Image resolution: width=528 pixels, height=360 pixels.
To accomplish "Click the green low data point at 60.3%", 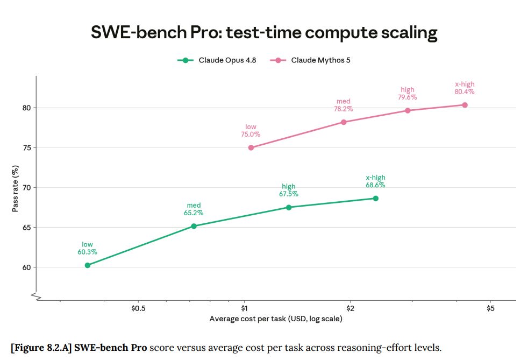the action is tap(88, 265).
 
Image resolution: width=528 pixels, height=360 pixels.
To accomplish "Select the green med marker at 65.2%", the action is tap(194, 226).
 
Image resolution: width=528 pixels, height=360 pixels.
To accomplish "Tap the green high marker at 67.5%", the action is tap(289, 207).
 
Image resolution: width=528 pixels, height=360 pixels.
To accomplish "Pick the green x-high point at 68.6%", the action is tap(376, 199).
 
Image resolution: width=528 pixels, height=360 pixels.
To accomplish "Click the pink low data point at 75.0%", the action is tap(251, 147).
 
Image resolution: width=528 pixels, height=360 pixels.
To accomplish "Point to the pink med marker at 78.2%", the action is tap(344, 122).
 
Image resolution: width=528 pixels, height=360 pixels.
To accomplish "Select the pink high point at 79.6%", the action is tap(408, 110).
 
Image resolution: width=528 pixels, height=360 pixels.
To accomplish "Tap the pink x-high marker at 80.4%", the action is tap(465, 105).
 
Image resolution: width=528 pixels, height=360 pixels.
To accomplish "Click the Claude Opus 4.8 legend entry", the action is tap(217, 60).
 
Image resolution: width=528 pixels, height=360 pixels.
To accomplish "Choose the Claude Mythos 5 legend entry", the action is tap(310, 60).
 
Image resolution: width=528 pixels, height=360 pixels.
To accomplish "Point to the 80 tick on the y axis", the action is tap(26, 108).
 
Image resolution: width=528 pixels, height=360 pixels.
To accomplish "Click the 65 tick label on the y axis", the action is tap(26, 228).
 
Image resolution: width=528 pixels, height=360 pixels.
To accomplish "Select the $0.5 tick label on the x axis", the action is tap(138, 308).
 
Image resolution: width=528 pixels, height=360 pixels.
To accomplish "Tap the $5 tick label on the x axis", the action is tap(490, 308).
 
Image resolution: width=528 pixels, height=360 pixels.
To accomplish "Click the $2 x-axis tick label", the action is tap(350, 308).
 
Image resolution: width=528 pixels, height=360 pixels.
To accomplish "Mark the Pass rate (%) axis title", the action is tap(15, 188).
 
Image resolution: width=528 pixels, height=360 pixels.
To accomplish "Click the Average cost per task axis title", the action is tap(276, 319).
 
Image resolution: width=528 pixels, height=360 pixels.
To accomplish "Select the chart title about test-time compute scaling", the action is tap(264, 33).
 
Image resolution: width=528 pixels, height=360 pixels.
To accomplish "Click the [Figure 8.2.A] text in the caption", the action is tap(41, 348).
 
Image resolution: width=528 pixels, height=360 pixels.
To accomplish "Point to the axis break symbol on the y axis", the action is tap(36, 297).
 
